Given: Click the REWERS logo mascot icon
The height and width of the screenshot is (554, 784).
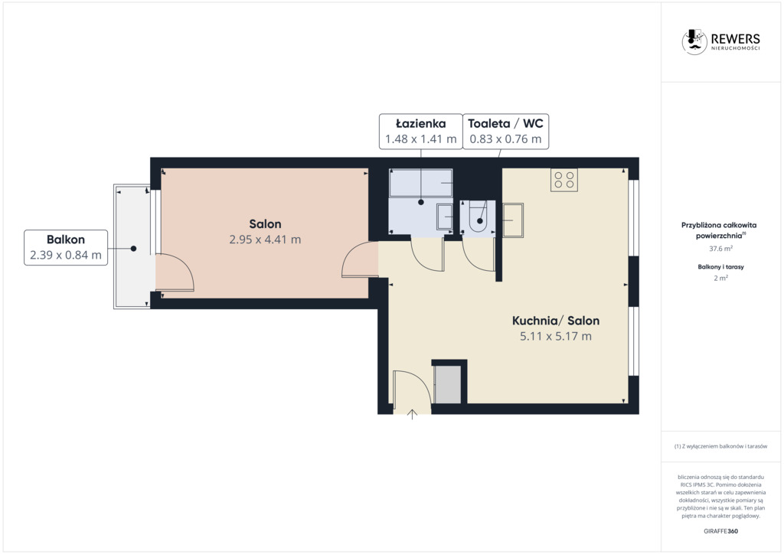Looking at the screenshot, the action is [694, 41].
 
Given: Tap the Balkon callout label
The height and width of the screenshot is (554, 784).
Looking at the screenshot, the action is [66, 247].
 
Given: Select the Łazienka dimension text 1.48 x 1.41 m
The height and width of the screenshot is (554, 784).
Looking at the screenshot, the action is [420, 138].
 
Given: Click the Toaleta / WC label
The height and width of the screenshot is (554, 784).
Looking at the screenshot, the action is [505, 123].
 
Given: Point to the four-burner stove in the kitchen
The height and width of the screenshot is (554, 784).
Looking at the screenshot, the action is [564, 180].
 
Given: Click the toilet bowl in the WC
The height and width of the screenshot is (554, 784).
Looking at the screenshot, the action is [479, 217].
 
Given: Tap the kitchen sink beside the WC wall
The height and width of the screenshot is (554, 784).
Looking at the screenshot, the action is [512, 220].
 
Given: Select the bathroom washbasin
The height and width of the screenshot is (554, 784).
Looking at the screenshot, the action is [445, 217].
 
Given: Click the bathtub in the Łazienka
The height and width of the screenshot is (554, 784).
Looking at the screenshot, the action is [421, 182].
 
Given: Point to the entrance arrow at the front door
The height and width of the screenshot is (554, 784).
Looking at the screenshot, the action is [412, 414].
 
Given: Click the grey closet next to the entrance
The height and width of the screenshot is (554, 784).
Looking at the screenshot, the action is [447, 383].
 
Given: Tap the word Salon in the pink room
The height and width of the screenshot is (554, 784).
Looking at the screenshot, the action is [265, 223].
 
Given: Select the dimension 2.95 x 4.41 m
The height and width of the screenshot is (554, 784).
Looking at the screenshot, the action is [265, 240].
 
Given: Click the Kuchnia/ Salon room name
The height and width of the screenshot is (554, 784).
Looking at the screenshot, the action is [556, 321].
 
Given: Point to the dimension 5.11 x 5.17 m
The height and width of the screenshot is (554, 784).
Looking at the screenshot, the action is [556, 336].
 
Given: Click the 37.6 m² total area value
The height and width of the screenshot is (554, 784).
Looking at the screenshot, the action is [720, 248].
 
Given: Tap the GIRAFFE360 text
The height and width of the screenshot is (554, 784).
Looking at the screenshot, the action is [720, 531].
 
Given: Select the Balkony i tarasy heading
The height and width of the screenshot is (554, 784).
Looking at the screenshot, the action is [720, 267].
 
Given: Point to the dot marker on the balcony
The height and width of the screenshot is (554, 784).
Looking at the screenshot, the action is [133, 248].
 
